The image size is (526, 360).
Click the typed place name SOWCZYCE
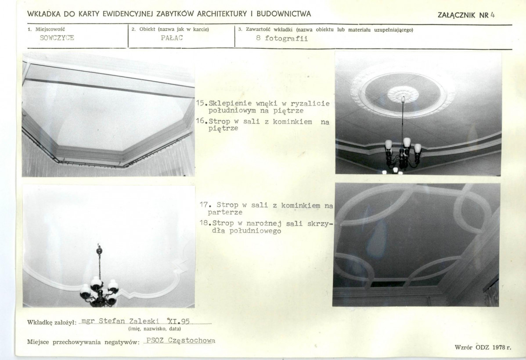57,38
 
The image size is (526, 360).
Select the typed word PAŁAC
172,38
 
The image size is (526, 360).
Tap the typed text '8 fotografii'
282,38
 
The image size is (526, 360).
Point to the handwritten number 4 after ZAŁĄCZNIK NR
493,15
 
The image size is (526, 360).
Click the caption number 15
200,103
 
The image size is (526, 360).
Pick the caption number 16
200,121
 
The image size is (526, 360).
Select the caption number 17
204,204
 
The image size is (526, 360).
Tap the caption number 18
204,223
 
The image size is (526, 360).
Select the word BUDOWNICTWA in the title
284,14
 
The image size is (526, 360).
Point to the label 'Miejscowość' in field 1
50,29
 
